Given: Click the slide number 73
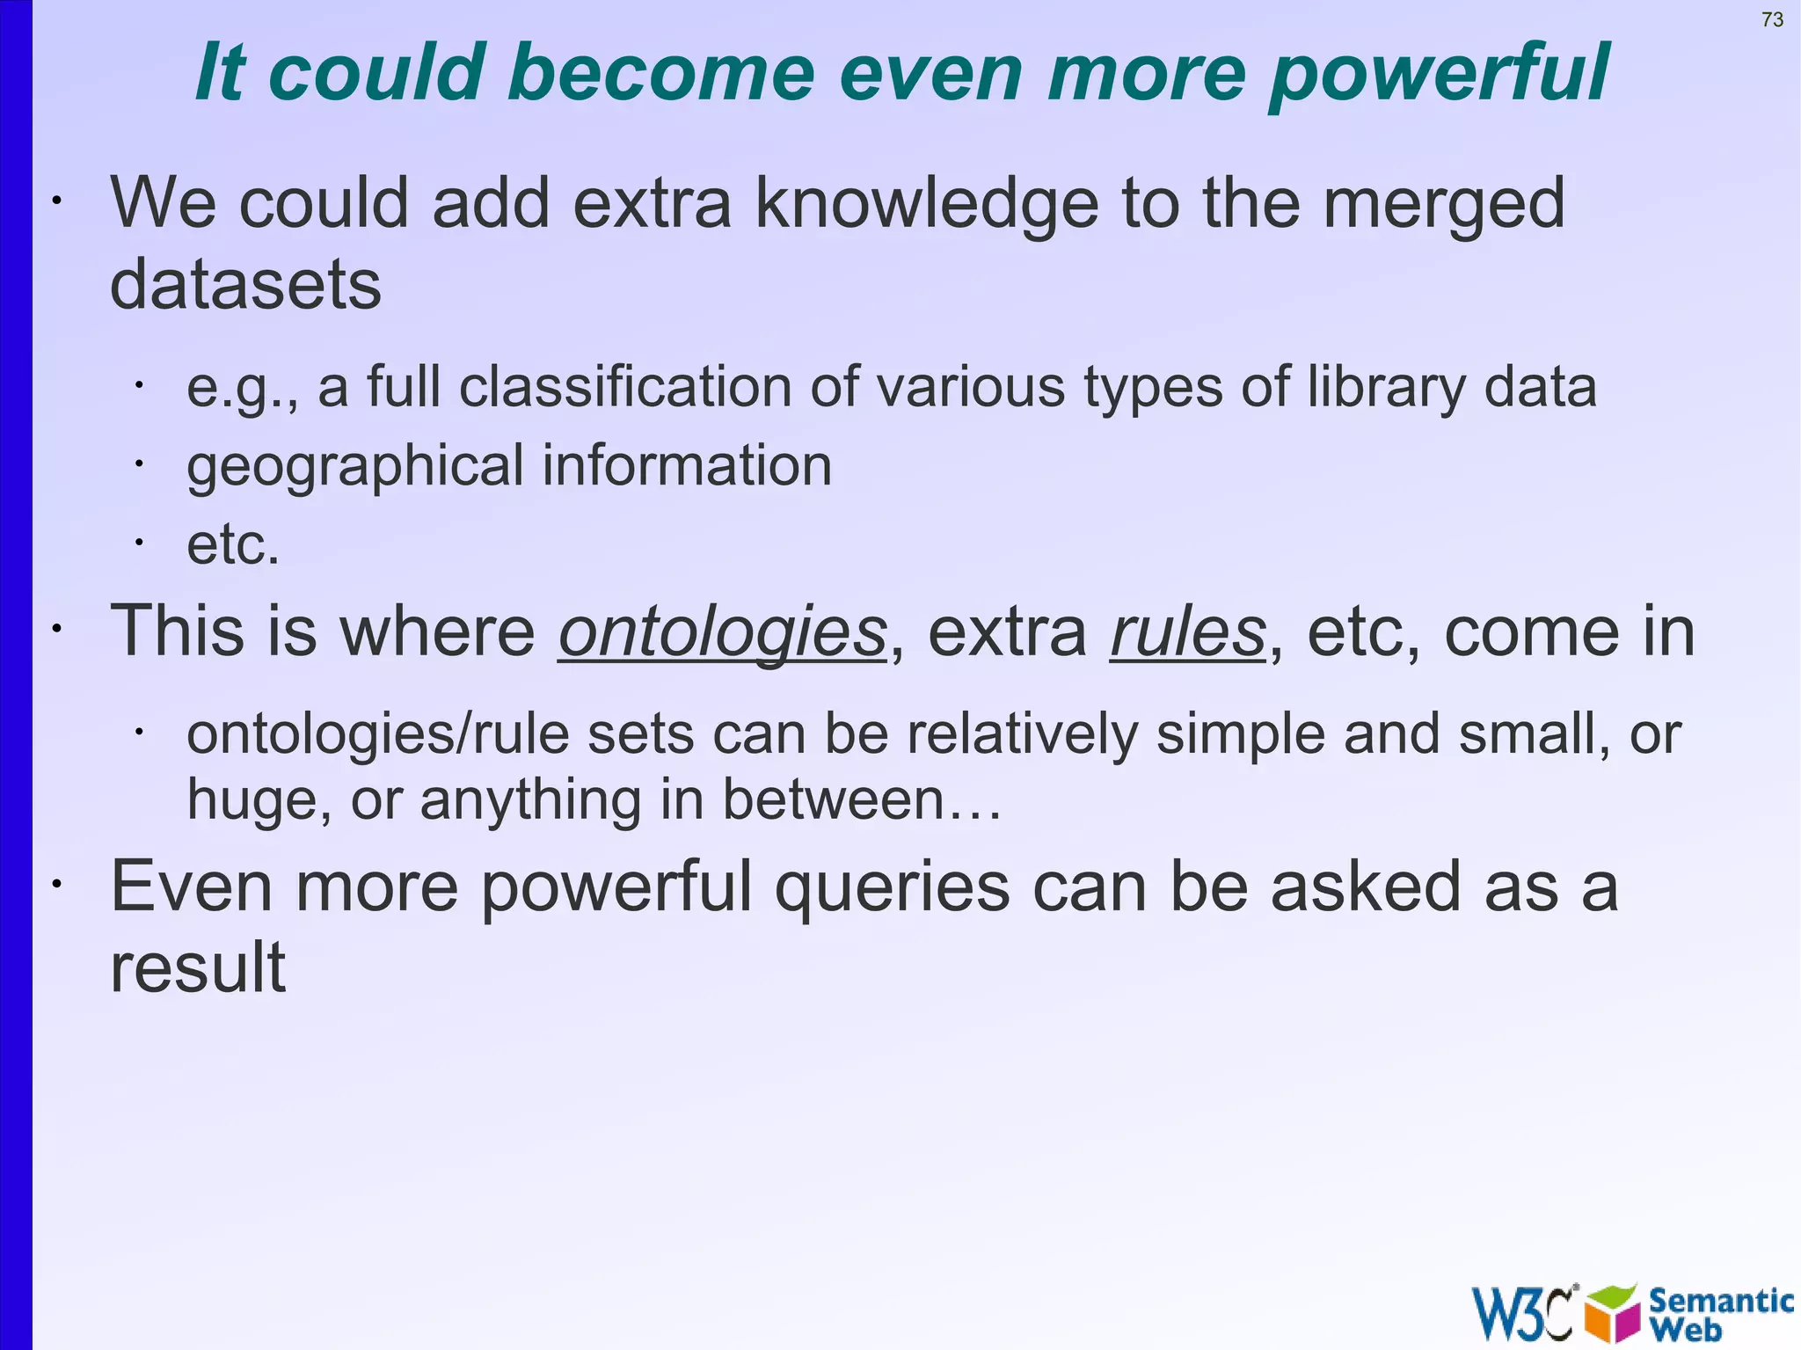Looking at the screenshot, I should (1772, 19).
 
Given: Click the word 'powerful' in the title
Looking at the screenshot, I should (1440, 74).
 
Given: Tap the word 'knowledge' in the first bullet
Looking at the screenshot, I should (927, 204).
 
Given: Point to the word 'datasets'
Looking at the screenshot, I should (245, 285).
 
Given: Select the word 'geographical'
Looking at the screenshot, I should (354, 466).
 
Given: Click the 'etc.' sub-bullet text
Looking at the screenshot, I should (233, 544).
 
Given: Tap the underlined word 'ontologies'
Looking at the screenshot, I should (722, 632).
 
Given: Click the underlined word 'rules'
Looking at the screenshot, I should (1187, 632).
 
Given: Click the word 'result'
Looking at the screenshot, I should (198, 967).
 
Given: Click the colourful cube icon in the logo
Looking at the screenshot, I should (1612, 1313).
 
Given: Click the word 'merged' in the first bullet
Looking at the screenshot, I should (1443, 204).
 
